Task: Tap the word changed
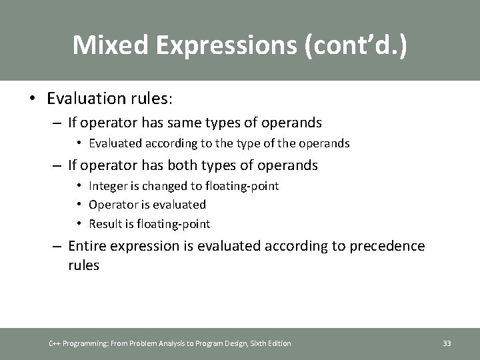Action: coord(161,186)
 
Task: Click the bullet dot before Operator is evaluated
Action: coord(79,205)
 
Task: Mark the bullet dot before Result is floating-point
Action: coord(79,223)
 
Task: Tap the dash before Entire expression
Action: coord(59,247)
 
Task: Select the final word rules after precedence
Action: coord(83,265)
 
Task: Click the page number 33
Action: coord(447,343)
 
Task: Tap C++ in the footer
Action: coord(55,343)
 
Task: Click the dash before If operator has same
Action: coord(59,123)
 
